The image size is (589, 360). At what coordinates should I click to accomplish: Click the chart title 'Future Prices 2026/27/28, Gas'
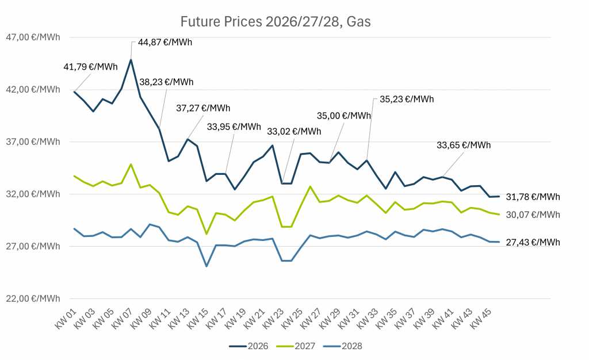(276, 22)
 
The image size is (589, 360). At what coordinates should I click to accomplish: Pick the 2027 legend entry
(294, 346)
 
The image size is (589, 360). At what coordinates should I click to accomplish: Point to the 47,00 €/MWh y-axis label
(32, 37)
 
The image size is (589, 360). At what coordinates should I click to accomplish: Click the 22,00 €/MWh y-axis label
(32, 298)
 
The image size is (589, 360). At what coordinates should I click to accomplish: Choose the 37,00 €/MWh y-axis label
(32, 142)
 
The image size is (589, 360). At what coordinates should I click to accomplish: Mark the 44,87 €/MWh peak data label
(165, 43)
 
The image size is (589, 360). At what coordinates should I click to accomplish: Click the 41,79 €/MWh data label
(90, 67)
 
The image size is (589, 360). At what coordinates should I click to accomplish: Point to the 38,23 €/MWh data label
(167, 82)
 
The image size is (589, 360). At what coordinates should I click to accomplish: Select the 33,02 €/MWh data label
(294, 131)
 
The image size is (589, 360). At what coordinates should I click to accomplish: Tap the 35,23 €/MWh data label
(407, 98)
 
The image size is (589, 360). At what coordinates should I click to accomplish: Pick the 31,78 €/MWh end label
(533, 197)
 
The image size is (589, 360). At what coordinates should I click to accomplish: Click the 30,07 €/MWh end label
(533, 215)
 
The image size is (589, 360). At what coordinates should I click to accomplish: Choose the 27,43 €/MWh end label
(533, 243)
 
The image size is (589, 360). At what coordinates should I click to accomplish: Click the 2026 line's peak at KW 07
(131, 59)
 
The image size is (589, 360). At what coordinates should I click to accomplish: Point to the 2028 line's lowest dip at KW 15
(206, 266)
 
